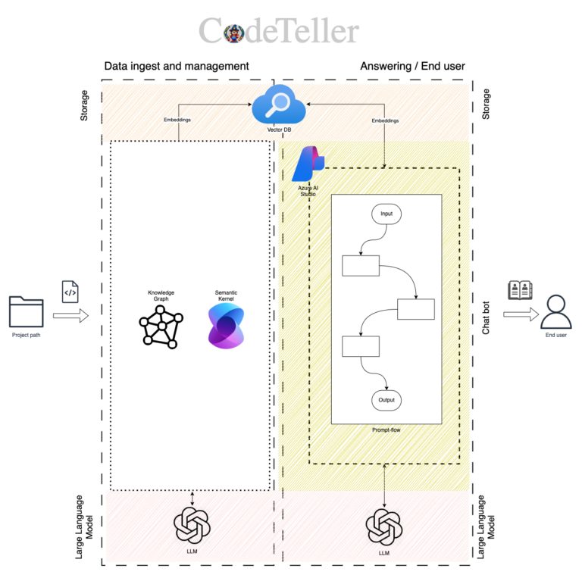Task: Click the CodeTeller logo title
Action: pos(278,32)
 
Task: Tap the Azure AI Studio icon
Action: pos(308,164)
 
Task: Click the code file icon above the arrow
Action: pos(70,291)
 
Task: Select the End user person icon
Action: pos(555,311)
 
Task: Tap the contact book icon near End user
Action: pos(520,291)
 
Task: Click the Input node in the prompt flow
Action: pos(386,214)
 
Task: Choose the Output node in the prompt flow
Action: pos(386,399)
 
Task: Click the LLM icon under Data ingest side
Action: pos(192,525)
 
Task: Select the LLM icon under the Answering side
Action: pos(384,527)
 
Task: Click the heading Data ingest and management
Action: pos(177,66)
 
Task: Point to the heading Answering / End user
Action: pos(411,66)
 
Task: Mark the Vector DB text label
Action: pos(279,130)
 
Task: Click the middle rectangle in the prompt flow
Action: pos(415,309)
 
